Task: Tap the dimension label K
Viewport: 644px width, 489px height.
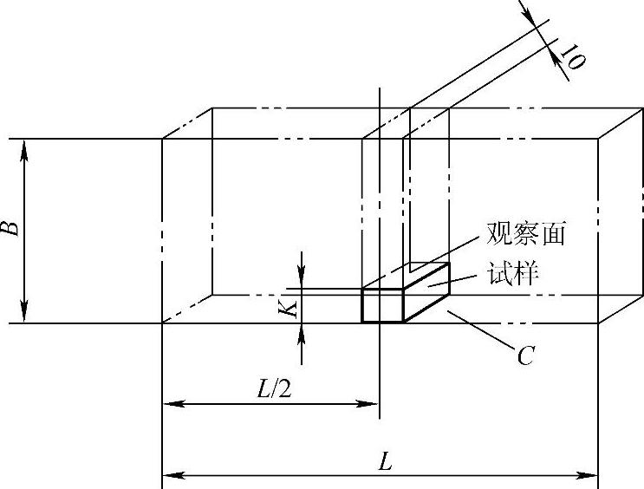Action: click(x=292, y=307)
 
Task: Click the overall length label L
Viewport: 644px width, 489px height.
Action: click(x=385, y=462)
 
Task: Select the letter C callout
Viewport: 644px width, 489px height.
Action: click(x=524, y=355)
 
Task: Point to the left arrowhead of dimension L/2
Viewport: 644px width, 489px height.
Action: click(x=170, y=403)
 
